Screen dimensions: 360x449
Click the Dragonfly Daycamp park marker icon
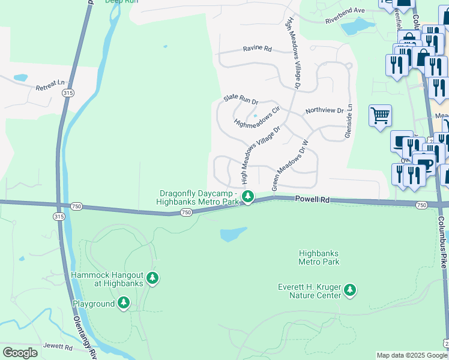247,196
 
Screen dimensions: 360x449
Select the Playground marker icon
124,303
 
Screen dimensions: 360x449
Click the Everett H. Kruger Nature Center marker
350,290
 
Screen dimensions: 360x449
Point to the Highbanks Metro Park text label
319,257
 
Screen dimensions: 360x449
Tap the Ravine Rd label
257,49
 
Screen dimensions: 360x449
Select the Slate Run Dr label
241,98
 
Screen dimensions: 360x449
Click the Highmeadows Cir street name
258,117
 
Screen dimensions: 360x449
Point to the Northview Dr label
324,111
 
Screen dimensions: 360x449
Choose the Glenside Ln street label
348,122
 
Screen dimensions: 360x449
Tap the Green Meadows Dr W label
289,166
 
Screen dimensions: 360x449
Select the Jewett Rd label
58,347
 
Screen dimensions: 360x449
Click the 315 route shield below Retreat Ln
68,93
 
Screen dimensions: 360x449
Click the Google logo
19,353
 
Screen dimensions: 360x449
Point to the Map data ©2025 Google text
412,355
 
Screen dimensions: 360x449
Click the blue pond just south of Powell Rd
233,234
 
